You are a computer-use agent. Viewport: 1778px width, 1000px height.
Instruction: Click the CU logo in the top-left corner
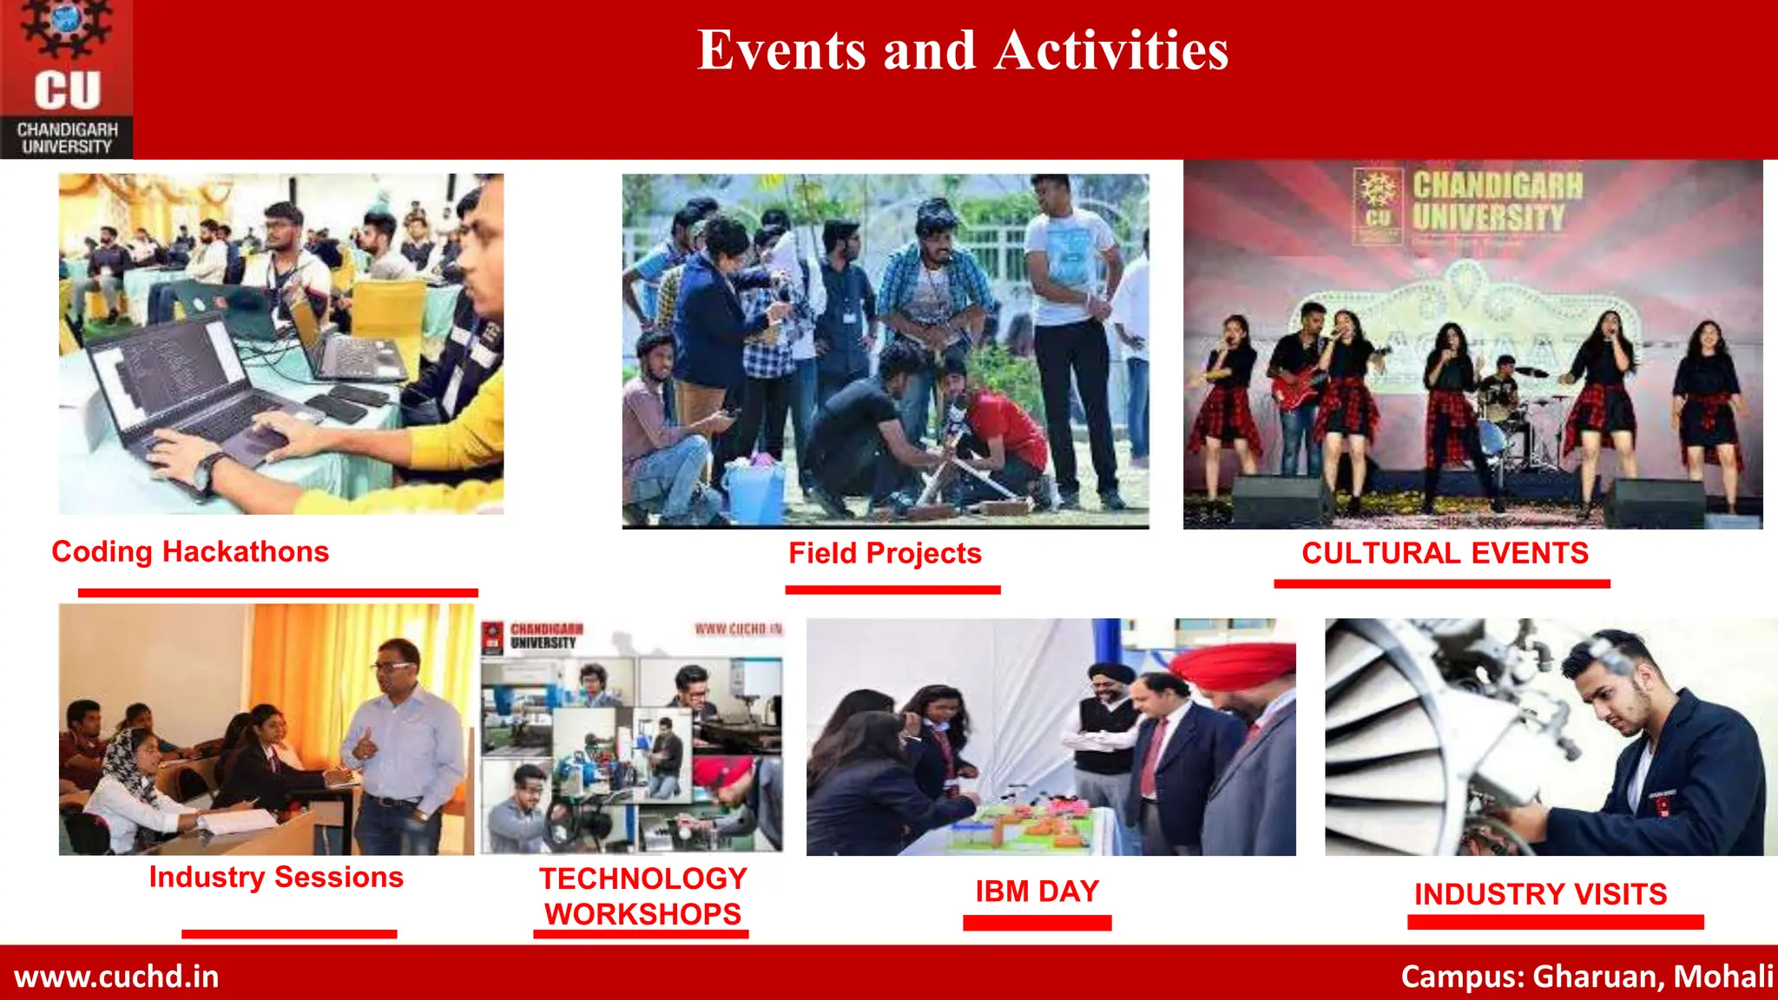pyautogui.click(x=67, y=79)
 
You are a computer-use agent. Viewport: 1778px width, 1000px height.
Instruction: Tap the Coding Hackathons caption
pyautogui.click(x=190, y=552)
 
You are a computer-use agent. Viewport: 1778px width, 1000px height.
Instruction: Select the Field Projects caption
pyautogui.click(x=885, y=554)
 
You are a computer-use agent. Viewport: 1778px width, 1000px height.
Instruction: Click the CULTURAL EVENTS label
pyautogui.click(x=1445, y=554)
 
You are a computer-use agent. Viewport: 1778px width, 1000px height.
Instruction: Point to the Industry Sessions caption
pyautogui.click(x=276, y=878)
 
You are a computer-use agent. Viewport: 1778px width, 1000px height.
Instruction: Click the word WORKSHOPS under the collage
pyautogui.click(x=642, y=914)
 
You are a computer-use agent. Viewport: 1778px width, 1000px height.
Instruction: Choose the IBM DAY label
pyautogui.click(x=1037, y=891)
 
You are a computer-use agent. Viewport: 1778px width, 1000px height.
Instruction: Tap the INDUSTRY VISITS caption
pyautogui.click(x=1540, y=894)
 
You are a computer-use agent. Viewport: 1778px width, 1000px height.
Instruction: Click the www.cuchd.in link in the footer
pyautogui.click(x=116, y=977)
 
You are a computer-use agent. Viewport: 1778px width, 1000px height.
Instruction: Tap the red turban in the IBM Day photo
pyautogui.click(x=1233, y=665)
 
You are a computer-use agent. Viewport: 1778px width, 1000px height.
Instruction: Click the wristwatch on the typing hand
pyautogui.click(x=206, y=473)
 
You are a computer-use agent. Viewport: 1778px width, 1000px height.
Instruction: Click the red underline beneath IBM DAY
pyautogui.click(x=1037, y=923)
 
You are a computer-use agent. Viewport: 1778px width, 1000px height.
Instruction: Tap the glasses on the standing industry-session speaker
pyautogui.click(x=393, y=667)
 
